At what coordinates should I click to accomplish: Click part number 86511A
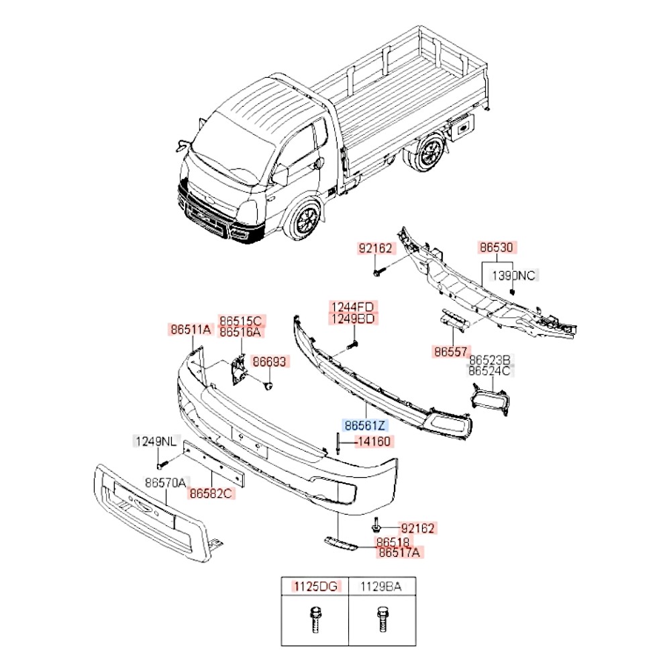coord(191,329)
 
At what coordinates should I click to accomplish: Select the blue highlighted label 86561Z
coord(366,425)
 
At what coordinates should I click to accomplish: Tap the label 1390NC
coord(515,275)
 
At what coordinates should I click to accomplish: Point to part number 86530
coord(497,248)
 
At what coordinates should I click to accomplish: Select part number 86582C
coord(211,494)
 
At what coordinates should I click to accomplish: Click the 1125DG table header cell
coord(315,587)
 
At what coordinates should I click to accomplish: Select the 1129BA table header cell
coord(381,587)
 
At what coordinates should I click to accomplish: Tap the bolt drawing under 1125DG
coord(314,621)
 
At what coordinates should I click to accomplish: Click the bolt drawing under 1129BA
coord(381,621)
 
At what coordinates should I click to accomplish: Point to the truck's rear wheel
coord(427,153)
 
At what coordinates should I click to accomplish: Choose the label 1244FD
coord(352,307)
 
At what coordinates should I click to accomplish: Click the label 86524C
coord(490,370)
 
